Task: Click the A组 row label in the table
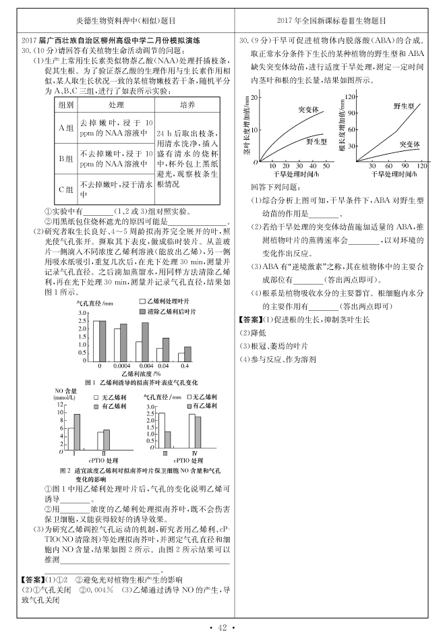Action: pyautogui.click(x=65, y=129)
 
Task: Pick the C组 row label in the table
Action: pyautogui.click(x=65, y=189)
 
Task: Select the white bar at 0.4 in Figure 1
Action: pyautogui.click(x=181, y=358)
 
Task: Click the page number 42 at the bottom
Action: pyautogui.click(x=222, y=629)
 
